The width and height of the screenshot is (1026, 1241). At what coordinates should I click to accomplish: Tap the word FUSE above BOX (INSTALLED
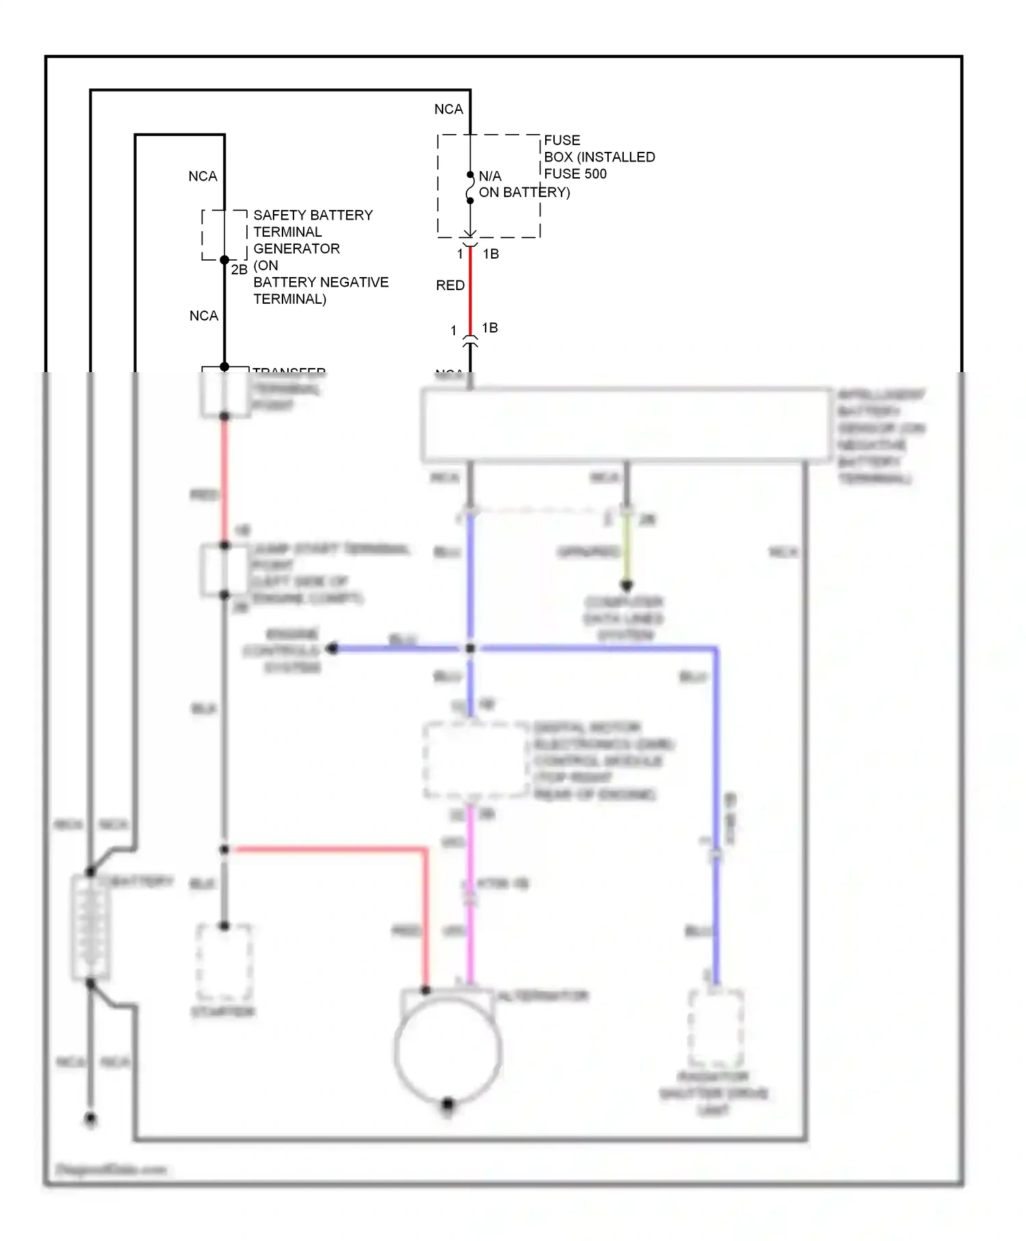point(562,140)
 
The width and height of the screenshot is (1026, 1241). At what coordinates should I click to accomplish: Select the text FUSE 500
point(575,174)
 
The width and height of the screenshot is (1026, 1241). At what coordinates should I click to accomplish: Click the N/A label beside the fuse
point(490,176)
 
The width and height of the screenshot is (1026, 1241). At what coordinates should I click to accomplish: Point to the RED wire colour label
point(450,285)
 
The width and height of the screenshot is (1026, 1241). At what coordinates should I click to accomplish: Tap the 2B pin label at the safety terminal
point(239,270)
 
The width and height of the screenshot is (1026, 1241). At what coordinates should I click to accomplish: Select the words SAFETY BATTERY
point(313,215)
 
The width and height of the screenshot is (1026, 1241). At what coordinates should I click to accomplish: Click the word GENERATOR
point(296,248)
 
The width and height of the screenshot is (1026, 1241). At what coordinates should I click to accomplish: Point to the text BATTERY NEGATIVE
point(321,282)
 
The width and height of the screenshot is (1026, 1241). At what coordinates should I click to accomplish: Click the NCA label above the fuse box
point(449,109)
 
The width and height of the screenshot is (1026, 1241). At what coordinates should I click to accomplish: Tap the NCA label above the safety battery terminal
point(202,177)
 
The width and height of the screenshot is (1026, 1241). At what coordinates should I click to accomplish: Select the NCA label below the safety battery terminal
point(203,316)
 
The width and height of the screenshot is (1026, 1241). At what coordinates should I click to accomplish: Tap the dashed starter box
point(224,963)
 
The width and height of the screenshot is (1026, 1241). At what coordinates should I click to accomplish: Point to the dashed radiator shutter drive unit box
point(715,1028)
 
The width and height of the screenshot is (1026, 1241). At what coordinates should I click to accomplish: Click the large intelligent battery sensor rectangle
point(626,424)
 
